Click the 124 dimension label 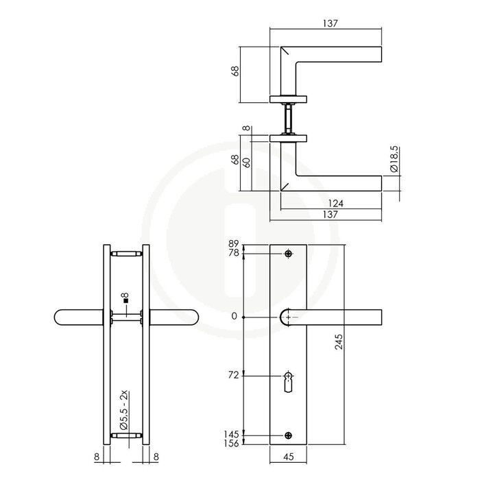(x=335, y=203)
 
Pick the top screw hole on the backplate (x=289, y=254)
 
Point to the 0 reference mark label (x=236, y=316)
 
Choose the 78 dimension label (x=232, y=254)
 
